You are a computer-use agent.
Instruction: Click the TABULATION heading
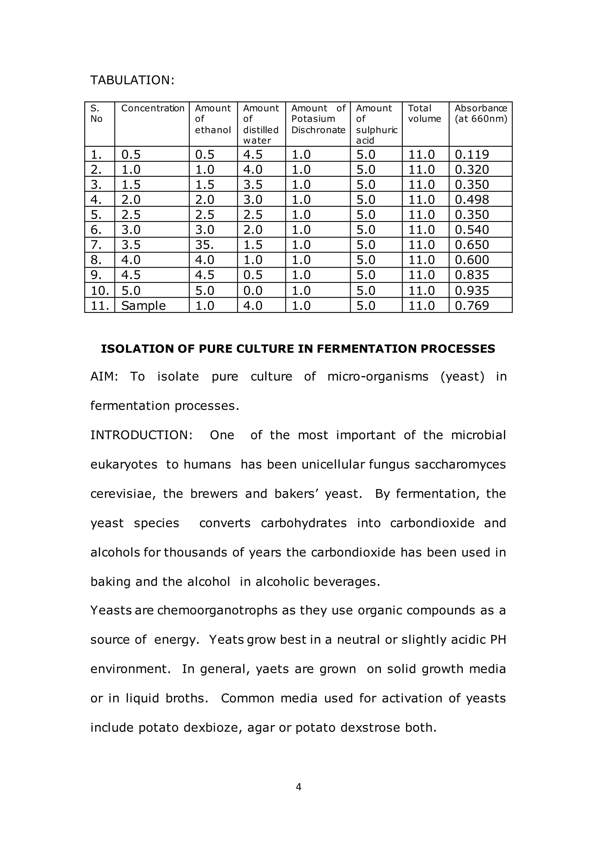coord(132,80)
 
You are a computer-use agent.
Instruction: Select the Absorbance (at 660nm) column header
coord(480,114)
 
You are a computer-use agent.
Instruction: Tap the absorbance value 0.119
coord(472,155)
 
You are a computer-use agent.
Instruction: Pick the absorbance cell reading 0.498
coord(472,200)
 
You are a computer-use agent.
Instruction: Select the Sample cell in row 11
coord(143,306)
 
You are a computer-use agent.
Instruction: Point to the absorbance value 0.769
coord(472,306)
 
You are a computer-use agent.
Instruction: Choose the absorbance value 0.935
coord(472,290)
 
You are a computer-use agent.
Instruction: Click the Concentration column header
coord(152,108)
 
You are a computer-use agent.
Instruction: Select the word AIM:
coord(104,377)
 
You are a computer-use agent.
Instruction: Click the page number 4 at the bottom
coord(298,787)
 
